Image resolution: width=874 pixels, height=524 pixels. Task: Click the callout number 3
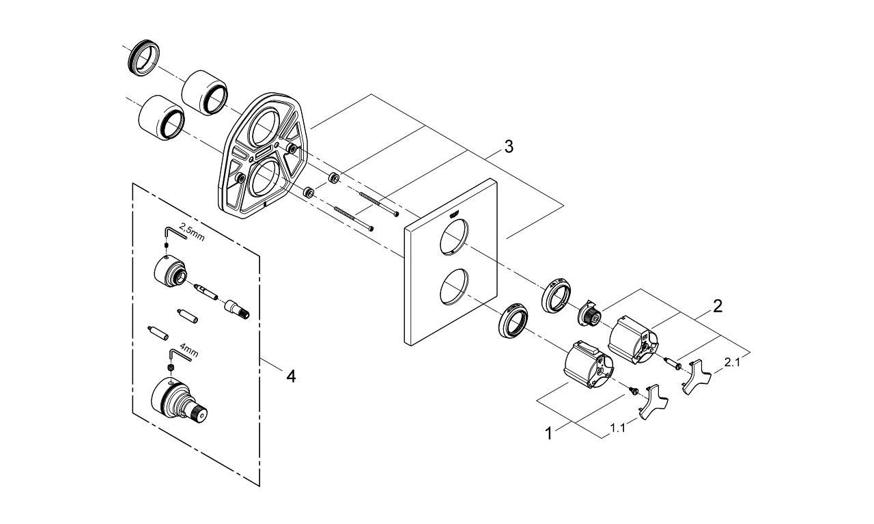tap(508, 146)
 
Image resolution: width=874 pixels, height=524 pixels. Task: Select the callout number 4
tap(291, 376)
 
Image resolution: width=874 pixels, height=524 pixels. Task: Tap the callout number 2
tap(717, 306)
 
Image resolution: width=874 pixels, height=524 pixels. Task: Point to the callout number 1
tap(548, 433)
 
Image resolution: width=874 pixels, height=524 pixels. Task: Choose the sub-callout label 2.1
tap(731, 363)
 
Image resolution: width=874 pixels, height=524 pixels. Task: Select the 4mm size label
tap(189, 353)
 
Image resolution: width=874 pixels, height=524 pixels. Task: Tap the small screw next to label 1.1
tap(633, 391)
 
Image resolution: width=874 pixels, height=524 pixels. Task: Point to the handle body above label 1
tap(588, 365)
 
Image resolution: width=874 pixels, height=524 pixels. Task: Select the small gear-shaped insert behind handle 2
tap(590, 314)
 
